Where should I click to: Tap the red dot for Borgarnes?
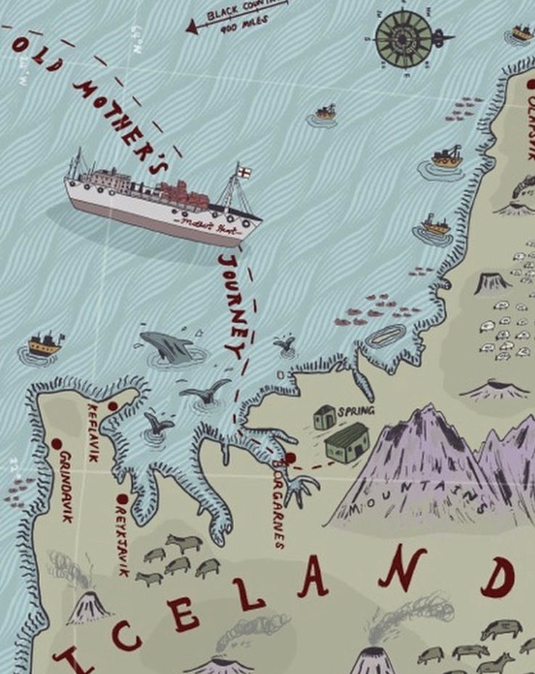pos(290,458)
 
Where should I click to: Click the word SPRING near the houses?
pos(356,411)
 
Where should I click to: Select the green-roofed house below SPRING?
pos(347,443)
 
